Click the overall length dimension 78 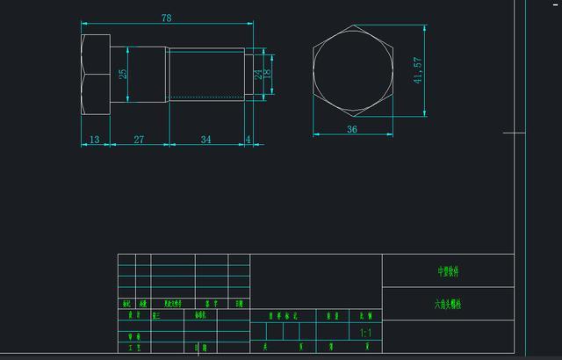166,18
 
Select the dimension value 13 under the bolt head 94,140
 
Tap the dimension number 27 139,140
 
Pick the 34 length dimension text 205,140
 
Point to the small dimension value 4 249,140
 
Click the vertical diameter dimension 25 123,75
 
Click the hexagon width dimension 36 352,129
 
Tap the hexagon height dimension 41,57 418,70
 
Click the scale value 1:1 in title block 366,334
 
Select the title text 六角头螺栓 447,304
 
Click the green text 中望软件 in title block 448,271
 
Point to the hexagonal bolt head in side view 95,76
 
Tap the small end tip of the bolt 248,76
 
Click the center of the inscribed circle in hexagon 352,70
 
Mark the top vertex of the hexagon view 352,25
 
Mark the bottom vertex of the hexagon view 352,116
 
